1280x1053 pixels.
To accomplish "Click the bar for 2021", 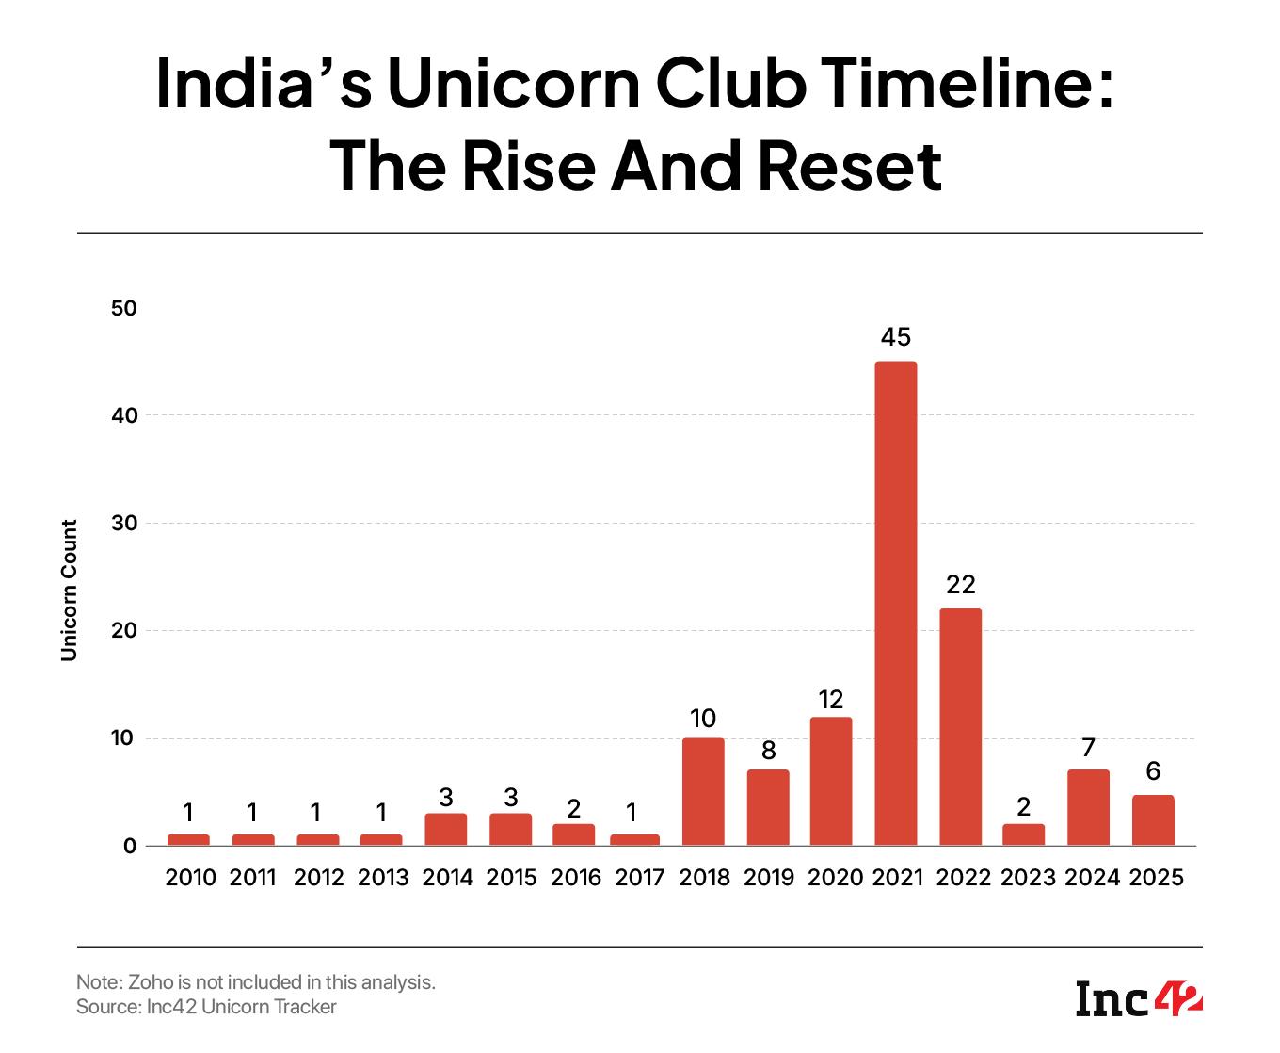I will pyautogui.click(x=896, y=603).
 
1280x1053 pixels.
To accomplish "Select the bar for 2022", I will pyautogui.click(x=960, y=726).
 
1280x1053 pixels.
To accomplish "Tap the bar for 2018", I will pyautogui.click(x=703, y=791).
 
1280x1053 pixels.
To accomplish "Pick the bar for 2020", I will pyautogui.click(x=831, y=781).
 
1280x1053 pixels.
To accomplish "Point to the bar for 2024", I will pyautogui.click(x=1088, y=807).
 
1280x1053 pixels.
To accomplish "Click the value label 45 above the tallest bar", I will pyautogui.click(x=896, y=337).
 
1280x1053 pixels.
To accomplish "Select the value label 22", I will pyautogui.click(x=960, y=585).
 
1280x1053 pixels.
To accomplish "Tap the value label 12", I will pyautogui.click(x=831, y=699).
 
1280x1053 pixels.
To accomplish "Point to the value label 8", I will pyautogui.click(x=768, y=751).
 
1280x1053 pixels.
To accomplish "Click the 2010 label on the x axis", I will pyautogui.click(x=190, y=878).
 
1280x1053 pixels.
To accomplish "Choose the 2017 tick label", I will pyautogui.click(x=639, y=878).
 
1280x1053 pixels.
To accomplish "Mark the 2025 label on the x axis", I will pyautogui.click(x=1156, y=878).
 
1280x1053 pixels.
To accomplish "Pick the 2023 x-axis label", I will pyautogui.click(x=1028, y=878).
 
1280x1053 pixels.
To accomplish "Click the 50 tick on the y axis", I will pyautogui.click(x=123, y=308).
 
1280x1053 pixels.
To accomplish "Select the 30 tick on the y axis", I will pyautogui.click(x=123, y=523).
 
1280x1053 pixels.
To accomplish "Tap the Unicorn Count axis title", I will pyautogui.click(x=69, y=591).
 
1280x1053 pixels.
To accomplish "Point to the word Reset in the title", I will pyautogui.click(x=849, y=166).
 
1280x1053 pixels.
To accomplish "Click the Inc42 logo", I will pyautogui.click(x=1139, y=998).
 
